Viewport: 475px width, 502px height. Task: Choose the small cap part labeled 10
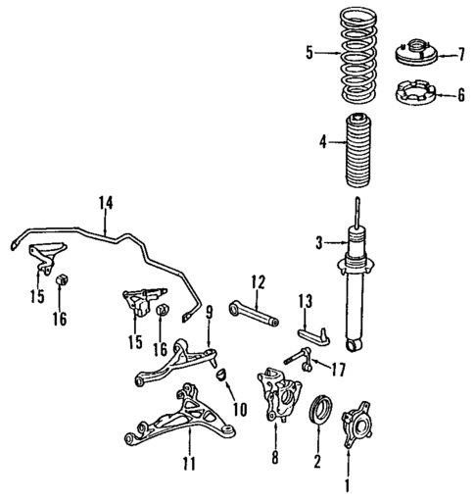coord(221,374)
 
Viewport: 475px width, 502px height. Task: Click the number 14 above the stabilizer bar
coord(106,203)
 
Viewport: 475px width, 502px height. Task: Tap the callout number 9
coord(209,312)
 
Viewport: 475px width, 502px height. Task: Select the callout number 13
coord(304,301)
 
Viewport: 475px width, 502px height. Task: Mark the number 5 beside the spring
coord(309,54)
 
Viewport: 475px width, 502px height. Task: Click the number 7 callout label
coord(459,53)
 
